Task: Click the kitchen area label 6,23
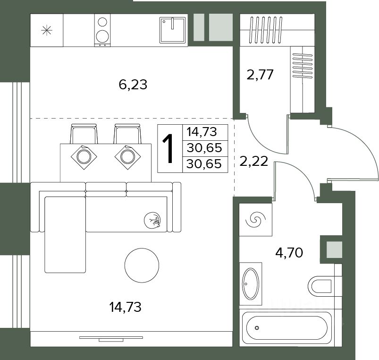(133, 85)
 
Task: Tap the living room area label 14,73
(125, 307)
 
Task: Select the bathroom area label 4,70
(289, 253)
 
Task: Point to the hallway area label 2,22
(253, 162)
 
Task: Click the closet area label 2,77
(260, 74)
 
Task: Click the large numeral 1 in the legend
(168, 148)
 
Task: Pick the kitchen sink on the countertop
(173, 30)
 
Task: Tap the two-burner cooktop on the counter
(102, 30)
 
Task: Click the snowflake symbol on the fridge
(47, 30)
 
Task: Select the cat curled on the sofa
(152, 220)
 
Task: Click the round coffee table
(142, 266)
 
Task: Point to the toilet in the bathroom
(320, 286)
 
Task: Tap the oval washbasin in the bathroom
(251, 283)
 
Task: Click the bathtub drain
(257, 328)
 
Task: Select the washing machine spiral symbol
(255, 220)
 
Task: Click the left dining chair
(84, 134)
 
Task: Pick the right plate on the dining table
(127, 157)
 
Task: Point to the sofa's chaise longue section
(65, 234)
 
